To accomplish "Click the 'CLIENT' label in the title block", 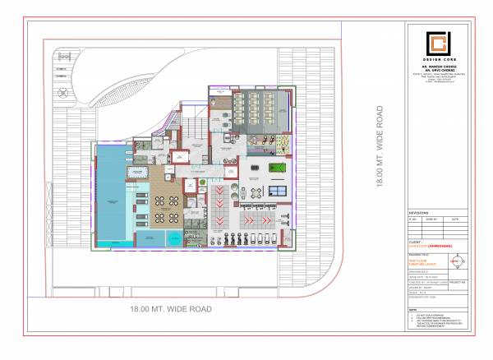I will pos(413,242).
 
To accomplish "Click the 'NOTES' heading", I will pos(413,309).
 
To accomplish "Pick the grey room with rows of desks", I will pos(256,107).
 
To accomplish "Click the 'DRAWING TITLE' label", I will pos(417,255).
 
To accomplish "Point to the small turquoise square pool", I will pos(174,238).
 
